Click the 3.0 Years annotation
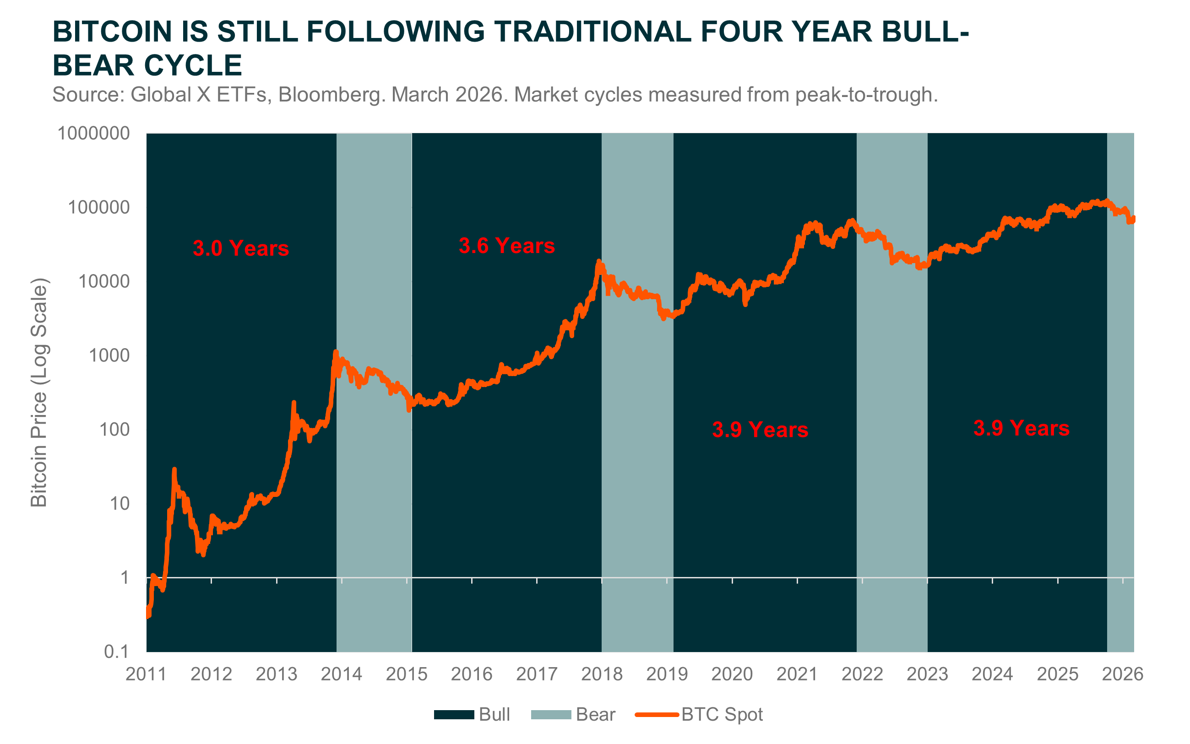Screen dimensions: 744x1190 click(240, 248)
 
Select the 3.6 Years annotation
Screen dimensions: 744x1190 click(506, 246)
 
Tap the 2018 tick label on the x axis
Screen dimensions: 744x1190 click(601, 674)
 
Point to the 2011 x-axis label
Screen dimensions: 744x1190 click(146, 674)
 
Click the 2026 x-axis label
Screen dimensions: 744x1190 click(1122, 674)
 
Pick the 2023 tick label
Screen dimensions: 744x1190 click(927, 674)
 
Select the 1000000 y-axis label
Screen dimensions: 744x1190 click(93, 133)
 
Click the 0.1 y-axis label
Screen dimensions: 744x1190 click(116, 652)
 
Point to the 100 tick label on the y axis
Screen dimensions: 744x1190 click(114, 430)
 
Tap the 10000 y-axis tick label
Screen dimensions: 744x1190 click(104, 281)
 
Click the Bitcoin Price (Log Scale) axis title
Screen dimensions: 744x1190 click(39, 392)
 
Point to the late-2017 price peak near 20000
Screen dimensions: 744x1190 click(599, 262)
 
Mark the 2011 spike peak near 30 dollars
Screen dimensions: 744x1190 click(174, 470)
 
